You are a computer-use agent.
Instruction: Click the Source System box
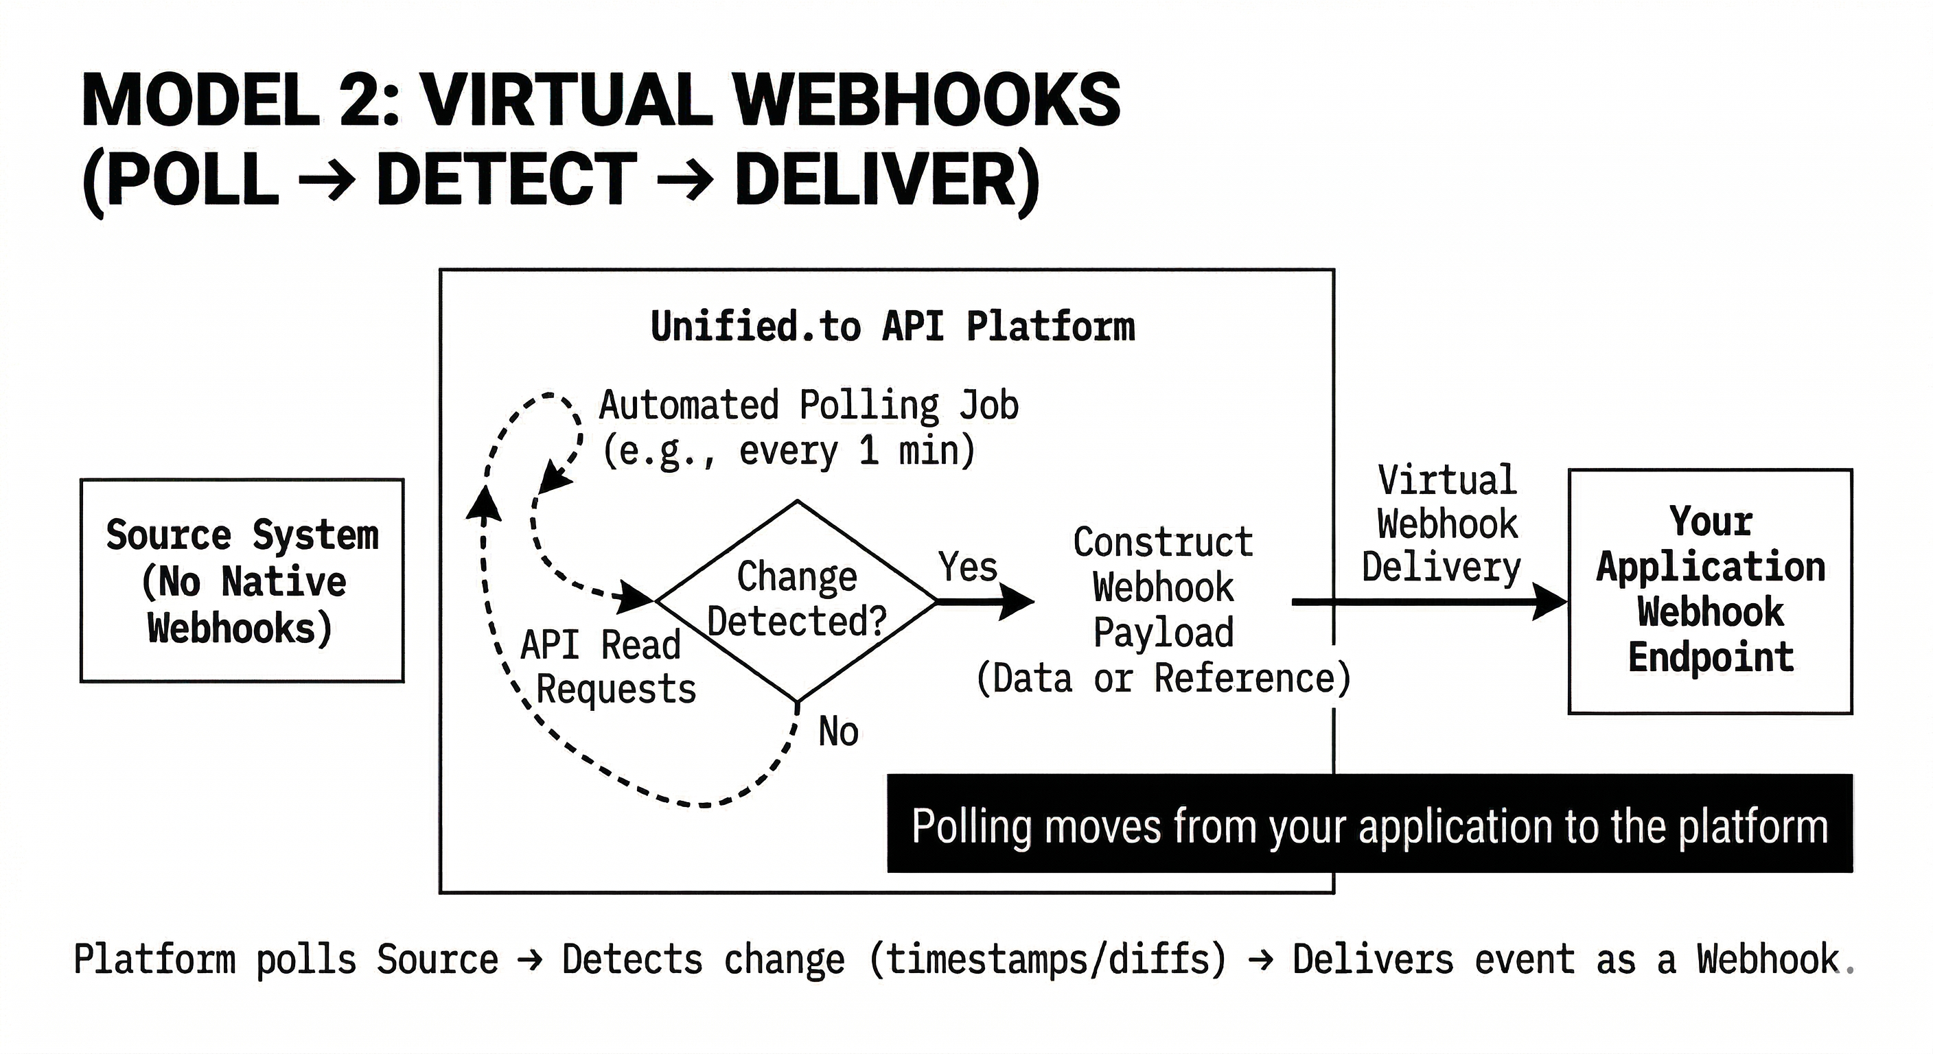(242, 581)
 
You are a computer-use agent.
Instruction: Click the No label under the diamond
(838, 731)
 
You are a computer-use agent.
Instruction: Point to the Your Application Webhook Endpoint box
(1710, 590)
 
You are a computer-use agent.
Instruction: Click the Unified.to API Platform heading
(892, 327)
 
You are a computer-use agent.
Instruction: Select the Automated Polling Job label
(808, 406)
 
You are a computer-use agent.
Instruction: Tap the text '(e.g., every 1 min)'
(789, 452)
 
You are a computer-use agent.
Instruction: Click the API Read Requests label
(607, 667)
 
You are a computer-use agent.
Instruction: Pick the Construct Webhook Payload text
(1162, 587)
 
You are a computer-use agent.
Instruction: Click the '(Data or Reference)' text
(1162, 679)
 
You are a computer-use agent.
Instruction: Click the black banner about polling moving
(1369, 823)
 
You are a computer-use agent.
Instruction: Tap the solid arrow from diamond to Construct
(983, 601)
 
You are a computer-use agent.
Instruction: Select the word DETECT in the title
(507, 180)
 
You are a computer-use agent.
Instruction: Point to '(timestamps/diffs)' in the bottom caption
(1047, 960)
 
